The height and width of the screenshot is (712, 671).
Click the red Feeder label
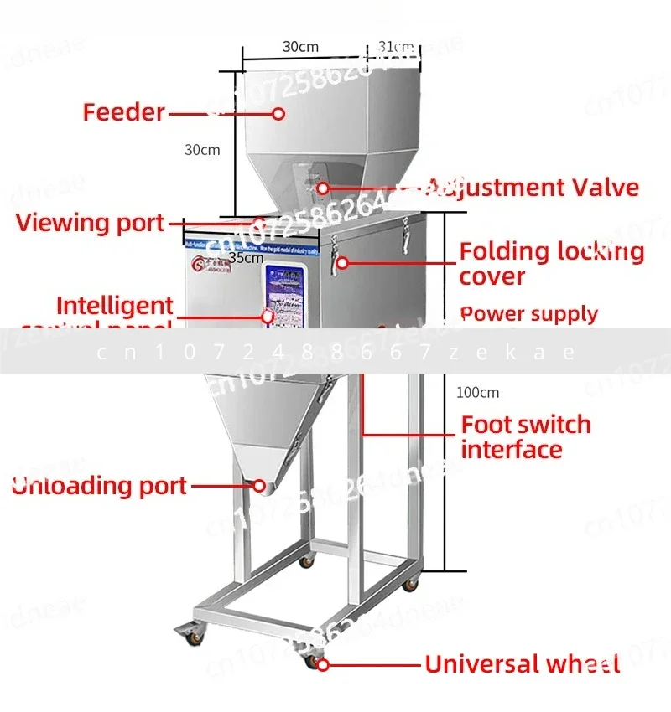[x=123, y=112]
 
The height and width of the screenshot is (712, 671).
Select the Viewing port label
[x=90, y=223]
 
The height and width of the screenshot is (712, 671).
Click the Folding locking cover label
[x=552, y=264]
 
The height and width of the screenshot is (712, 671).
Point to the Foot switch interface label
[x=526, y=436]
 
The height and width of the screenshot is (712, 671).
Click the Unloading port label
[x=99, y=486]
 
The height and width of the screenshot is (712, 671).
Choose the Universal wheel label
[x=523, y=665]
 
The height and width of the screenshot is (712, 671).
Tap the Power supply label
[x=529, y=315]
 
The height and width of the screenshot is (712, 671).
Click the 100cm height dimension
[x=477, y=392]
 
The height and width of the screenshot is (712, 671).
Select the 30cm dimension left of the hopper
[x=202, y=150]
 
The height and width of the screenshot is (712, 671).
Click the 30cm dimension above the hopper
[x=299, y=47]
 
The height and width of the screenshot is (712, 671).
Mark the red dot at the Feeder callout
[x=278, y=112]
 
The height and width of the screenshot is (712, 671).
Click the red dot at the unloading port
[x=259, y=485]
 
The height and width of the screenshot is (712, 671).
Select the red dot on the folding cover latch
[x=342, y=262]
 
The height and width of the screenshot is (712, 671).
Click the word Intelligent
[x=115, y=306]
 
